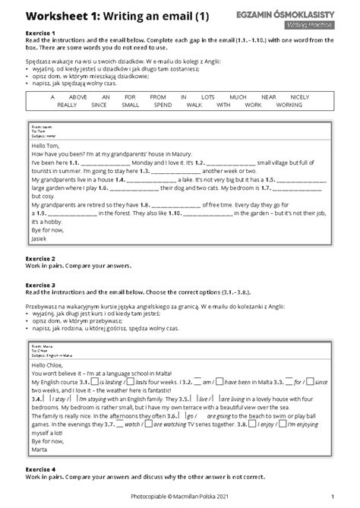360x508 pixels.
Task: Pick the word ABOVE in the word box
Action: (77, 98)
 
